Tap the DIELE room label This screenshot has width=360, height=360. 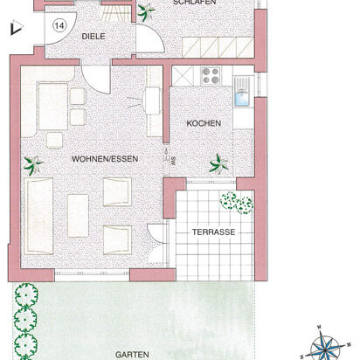94,37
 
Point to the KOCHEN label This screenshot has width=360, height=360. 204,123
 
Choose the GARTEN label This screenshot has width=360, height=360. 130,355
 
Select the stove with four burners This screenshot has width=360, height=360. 211,76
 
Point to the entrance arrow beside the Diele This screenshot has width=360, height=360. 13,30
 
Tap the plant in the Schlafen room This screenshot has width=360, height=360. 143,12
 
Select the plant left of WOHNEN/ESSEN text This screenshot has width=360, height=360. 34,163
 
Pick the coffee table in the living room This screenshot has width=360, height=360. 78,214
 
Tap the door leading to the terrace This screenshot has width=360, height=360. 157,234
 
